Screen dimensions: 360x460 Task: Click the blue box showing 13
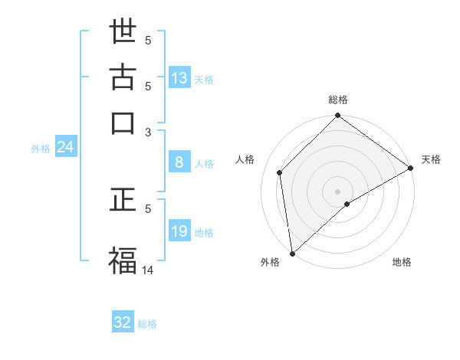[179, 78]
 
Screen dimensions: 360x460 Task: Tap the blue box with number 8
[179, 162]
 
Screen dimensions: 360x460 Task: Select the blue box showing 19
[179, 231]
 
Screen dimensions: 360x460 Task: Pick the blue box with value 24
[65, 148]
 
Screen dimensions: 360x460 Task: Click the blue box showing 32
[123, 322]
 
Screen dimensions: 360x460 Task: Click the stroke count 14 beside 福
[148, 270]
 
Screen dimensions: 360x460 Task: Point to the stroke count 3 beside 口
[149, 132]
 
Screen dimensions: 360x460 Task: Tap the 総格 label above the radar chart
[338, 100]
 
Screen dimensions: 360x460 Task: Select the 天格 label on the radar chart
[431, 159]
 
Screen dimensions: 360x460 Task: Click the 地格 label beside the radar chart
[402, 262]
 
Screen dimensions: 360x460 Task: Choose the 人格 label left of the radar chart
[245, 159]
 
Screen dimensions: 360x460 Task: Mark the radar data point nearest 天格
[411, 169]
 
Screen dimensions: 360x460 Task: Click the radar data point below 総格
[338, 117]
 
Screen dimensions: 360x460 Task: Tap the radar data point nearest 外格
[292, 254]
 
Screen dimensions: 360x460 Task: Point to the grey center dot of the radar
[338, 191]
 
